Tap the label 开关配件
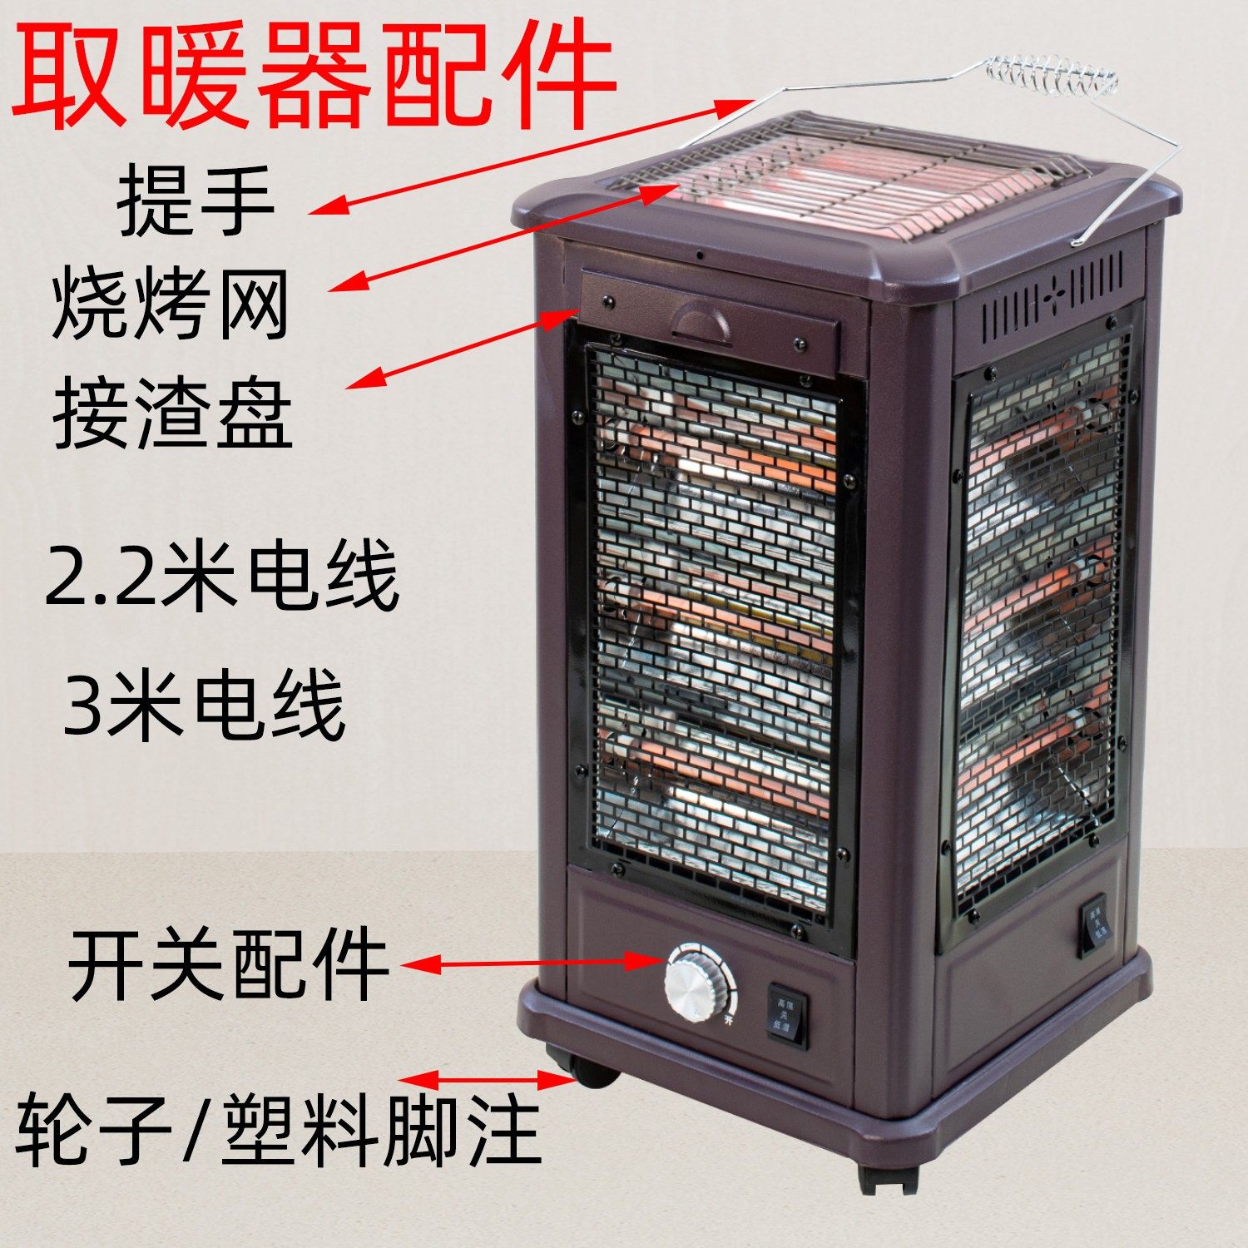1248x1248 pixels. (x=228, y=965)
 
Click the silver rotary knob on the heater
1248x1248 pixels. (x=695, y=983)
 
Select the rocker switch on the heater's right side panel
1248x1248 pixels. (x=1093, y=924)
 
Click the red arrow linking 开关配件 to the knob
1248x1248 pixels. (x=532, y=963)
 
